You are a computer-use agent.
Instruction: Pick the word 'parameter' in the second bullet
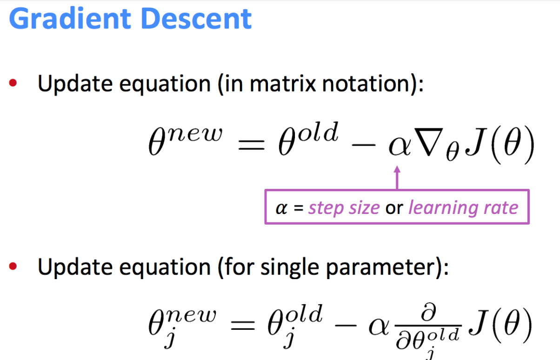pos(383,268)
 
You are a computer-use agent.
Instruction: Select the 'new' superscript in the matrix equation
pos(195,134)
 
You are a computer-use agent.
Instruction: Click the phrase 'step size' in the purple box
pos(344,207)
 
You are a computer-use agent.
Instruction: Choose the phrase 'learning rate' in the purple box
pos(463,207)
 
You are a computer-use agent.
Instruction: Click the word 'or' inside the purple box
pos(393,208)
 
